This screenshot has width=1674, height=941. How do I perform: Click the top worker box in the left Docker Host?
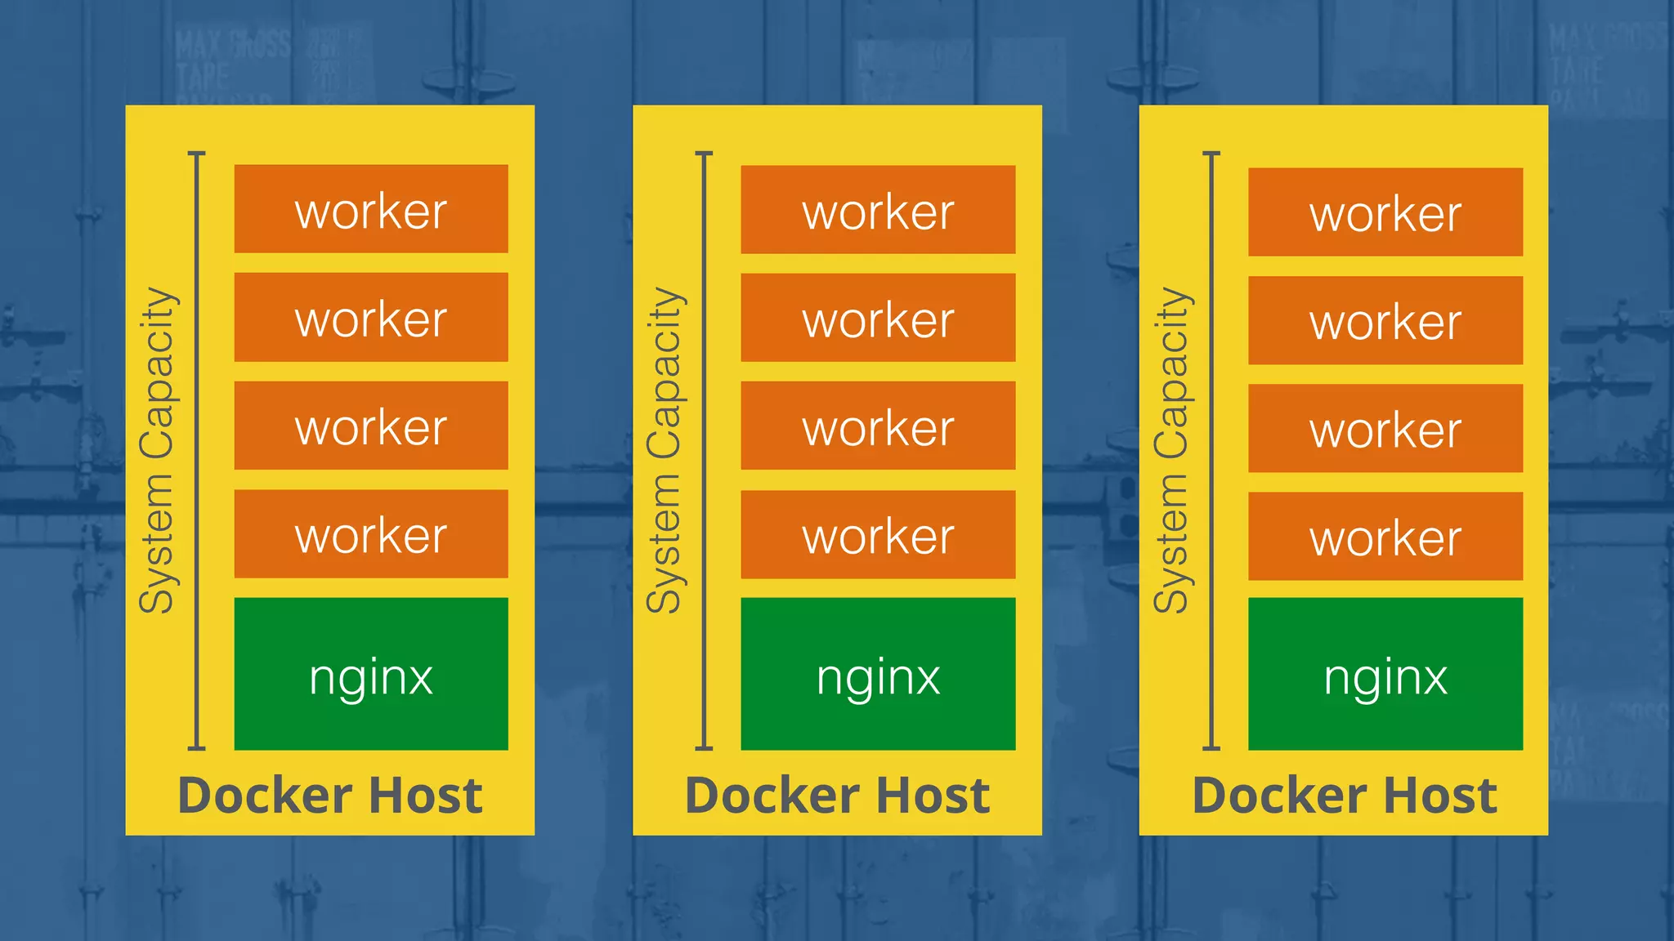pos(371,209)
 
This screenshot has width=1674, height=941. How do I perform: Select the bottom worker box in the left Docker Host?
pos(371,534)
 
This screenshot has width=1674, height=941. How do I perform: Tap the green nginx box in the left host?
pos(371,674)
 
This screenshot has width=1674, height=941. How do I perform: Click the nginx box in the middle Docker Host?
pos(878,674)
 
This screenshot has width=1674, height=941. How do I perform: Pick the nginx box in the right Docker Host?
pos(1385,674)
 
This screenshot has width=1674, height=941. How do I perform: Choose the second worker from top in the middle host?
pos(878,318)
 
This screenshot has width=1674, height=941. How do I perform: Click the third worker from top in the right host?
pos(1385,428)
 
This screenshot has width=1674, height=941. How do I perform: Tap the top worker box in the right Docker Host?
pos(1385,212)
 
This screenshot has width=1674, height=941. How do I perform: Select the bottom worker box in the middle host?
pos(878,535)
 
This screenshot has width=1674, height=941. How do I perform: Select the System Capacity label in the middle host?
pos(664,450)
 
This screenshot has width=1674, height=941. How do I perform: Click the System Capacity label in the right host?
pos(1171,450)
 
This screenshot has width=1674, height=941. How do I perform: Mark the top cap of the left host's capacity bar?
pos(196,154)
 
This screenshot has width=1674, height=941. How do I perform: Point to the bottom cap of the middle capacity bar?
pos(704,747)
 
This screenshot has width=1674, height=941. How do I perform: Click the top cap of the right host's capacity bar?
pos(1211,154)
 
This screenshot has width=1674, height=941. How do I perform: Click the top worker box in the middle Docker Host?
pos(878,210)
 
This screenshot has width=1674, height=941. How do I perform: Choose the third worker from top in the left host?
pos(371,426)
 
